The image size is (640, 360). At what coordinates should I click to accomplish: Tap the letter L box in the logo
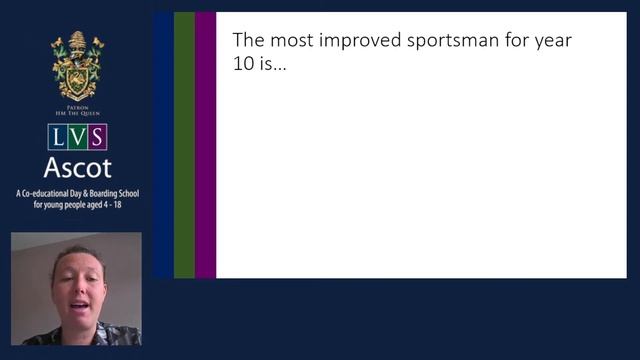57,137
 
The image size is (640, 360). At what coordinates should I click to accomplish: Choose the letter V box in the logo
77,137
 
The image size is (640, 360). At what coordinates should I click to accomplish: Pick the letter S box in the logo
97,137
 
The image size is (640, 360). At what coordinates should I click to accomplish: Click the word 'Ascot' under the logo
77,167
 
